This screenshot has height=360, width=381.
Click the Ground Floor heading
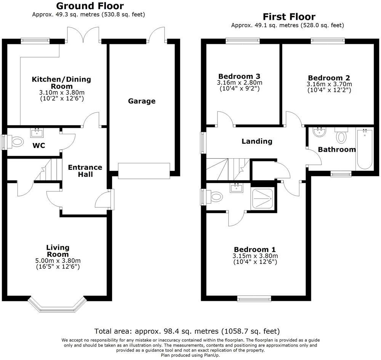click(90, 6)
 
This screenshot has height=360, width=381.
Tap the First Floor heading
click(289, 17)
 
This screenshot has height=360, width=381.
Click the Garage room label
click(142, 101)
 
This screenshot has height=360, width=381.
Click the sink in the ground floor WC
click(37, 133)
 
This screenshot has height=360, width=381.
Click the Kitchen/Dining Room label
click(61, 82)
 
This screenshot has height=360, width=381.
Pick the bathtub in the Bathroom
click(364, 149)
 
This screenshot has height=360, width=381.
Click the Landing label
click(257, 141)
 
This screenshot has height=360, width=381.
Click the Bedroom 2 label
click(329, 77)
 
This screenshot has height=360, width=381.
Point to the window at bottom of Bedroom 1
click(254, 299)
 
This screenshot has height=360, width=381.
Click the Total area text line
click(187, 331)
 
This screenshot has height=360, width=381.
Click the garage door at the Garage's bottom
click(144, 170)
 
